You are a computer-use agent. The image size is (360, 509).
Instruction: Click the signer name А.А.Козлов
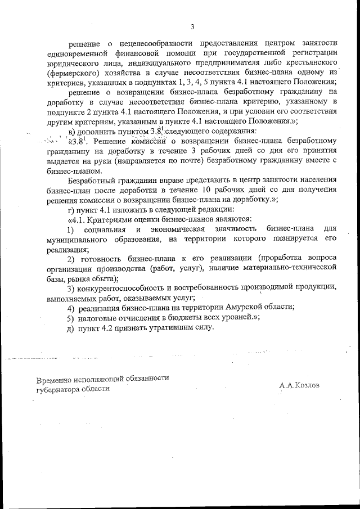click(299, 386)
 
